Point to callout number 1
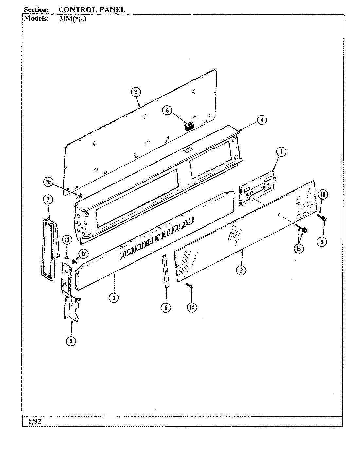281,151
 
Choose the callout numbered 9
322,242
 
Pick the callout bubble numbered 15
298,248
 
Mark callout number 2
241,270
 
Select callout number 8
166,307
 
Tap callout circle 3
114,297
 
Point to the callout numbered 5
71,341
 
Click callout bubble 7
48,200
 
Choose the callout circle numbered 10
48,183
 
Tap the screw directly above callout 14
189,286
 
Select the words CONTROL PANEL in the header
91,9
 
